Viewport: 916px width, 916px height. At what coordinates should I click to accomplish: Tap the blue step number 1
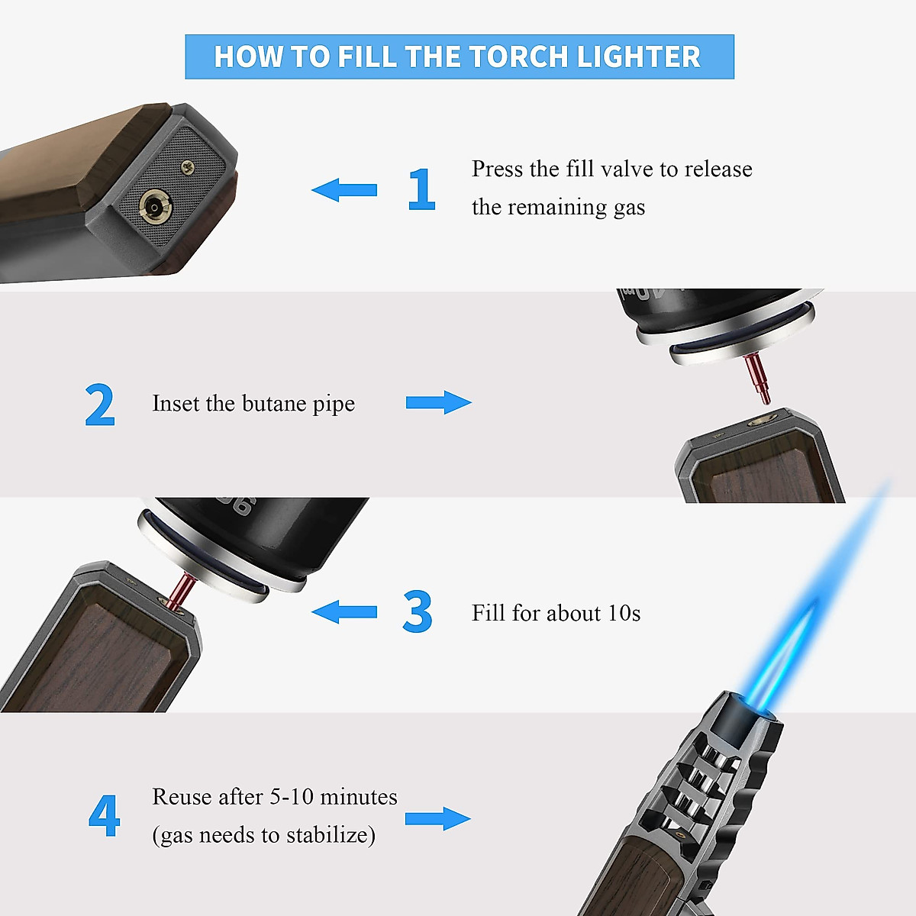[x=421, y=189]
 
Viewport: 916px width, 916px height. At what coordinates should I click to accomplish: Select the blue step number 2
[x=100, y=405]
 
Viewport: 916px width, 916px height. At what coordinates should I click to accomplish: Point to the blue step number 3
[x=418, y=612]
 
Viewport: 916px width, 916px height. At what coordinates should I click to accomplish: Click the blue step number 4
[x=105, y=816]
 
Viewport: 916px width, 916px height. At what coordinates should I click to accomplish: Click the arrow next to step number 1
[x=344, y=190]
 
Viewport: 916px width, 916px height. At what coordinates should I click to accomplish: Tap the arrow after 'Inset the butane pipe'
[x=438, y=402]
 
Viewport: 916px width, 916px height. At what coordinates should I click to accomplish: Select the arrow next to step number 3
[x=344, y=611]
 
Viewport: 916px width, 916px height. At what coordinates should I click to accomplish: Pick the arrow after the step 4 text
[x=437, y=819]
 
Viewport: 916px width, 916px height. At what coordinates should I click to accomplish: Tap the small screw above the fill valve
[x=187, y=165]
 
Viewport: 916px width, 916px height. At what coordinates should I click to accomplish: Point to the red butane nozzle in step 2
[x=758, y=378]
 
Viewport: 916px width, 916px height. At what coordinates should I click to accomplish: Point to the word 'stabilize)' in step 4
[x=331, y=835]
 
